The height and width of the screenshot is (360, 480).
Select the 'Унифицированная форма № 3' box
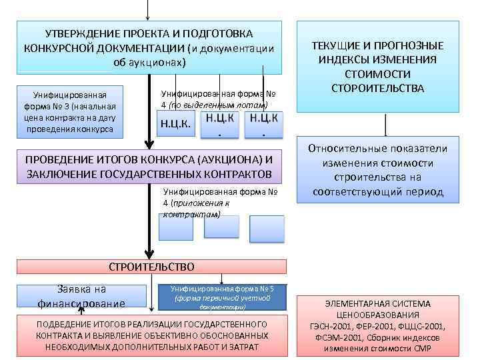point(70,111)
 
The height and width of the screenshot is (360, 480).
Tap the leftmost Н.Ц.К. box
point(175,125)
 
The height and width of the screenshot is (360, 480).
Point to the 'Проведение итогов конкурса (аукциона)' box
point(149,167)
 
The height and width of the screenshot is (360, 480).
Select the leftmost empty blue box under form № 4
point(176,227)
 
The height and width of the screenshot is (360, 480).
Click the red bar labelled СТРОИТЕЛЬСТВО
point(151,267)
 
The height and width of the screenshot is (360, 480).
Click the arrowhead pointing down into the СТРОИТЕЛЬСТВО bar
point(149,253)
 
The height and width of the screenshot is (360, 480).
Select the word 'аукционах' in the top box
point(154,63)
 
